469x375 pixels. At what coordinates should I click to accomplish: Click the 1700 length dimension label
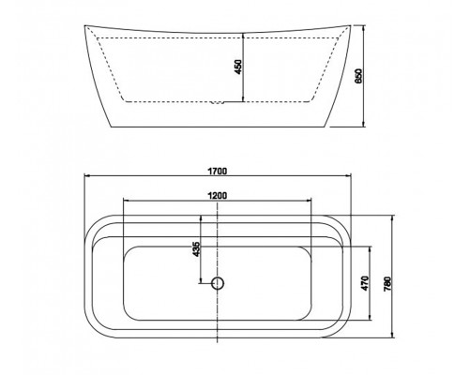tap(218, 171)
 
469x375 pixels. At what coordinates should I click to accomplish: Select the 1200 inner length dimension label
tap(218, 196)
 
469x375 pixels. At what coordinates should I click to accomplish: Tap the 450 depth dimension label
tap(238, 67)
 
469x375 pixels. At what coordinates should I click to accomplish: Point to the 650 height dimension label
tap(358, 76)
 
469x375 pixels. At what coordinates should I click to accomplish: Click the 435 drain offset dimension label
tap(196, 249)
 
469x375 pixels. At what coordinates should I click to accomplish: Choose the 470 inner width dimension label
tap(365, 283)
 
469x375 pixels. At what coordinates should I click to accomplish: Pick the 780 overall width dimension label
tap(387, 284)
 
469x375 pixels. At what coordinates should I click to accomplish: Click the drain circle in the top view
tap(218, 283)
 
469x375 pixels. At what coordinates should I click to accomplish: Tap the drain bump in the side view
tap(218, 102)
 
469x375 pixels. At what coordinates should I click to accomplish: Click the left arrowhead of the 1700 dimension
tap(87, 176)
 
